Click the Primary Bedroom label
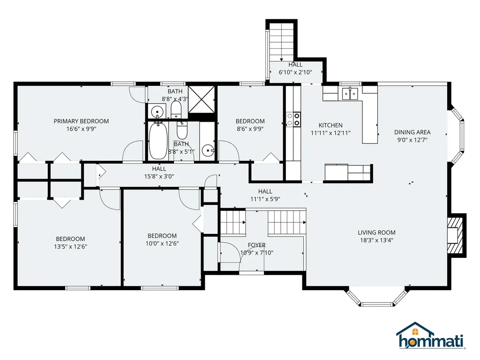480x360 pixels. pyautogui.click(x=81, y=121)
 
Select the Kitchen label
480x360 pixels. pyautogui.click(x=330, y=125)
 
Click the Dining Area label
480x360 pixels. pyautogui.click(x=412, y=132)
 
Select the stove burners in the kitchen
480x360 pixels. pyautogui.click(x=293, y=119)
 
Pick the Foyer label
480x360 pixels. pyautogui.click(x=256, y=245)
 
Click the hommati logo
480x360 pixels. pyautogui.click(x=430, y=337)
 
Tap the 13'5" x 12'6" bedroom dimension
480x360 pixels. pyautogui.click(x=71, y=247)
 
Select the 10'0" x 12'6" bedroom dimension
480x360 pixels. pyautogui.click(x=162, y=243)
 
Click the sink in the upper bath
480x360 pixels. pyautogui.click(x=156, y=112)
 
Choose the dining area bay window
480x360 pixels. pyautogui.click(x=458, y=136)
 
